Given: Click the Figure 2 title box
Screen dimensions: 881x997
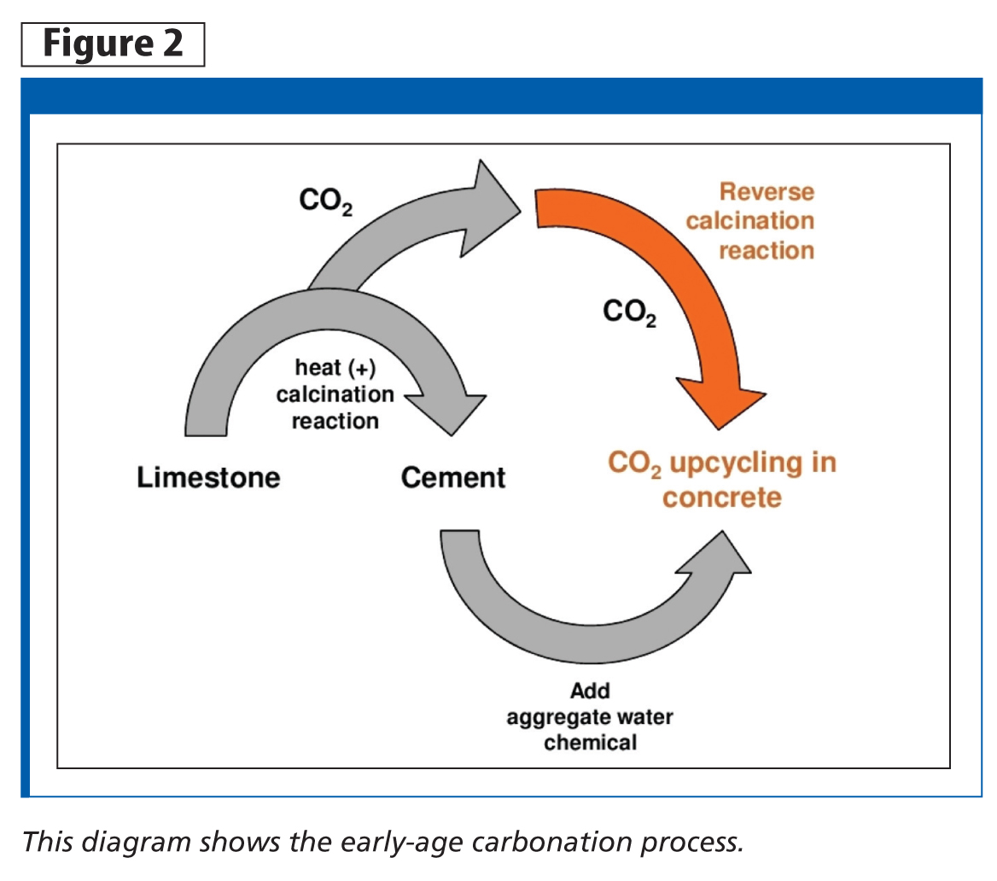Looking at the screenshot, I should point(113,44).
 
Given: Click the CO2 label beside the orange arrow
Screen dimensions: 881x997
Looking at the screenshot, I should point(630,313).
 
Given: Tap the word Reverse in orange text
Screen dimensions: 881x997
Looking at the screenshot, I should point(767,191).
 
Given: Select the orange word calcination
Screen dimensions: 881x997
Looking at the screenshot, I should point(750,221).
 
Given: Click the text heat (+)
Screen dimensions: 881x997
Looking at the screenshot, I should point(335,369).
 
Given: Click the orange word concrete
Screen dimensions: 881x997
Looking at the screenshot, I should point(722,497).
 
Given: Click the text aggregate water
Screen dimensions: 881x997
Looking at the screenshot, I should point(590,716).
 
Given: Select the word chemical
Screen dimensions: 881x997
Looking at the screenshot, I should point(590,742).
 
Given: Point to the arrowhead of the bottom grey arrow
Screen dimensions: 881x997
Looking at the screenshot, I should point(721,559).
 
